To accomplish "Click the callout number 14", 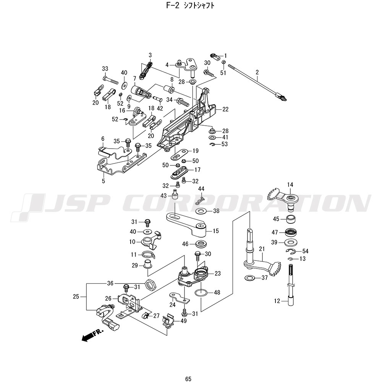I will pyautogui.click(x=290, y=185).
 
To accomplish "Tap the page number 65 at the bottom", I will pyautogui.click(x=188, y=368).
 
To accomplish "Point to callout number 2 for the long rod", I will pyautogui.click(x=257, y=72).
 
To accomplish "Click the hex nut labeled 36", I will pyautogui.click(x=150, y=284).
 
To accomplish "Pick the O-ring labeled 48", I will pyautogui.click(x=202, y=293).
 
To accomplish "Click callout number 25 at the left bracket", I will pyautogui.click(x=76, y=296).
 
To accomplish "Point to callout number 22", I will pyautogui.click(x=225, y=109).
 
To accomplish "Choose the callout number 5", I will pyautogui.click(x=103, y=181).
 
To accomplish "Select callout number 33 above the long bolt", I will pyautogui.click(x=105, y=69).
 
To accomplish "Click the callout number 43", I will pyautogui.click(x=163, y=196).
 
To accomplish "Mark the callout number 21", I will pyautogui.click(x=262, y=249).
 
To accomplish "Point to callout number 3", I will pyautogui.click(x=150, y=55).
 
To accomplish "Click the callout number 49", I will pyautogui.click(x=184, y=321).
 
